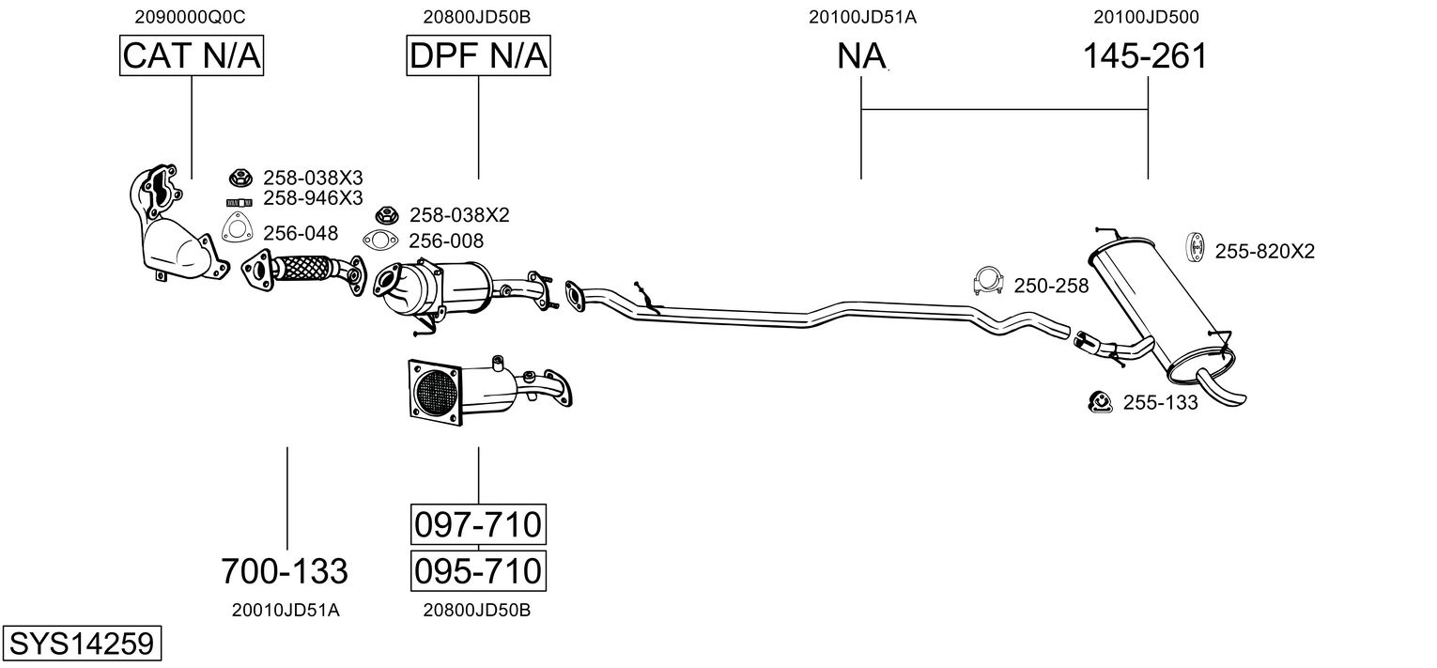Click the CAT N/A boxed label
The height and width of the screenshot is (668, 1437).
pyautogui.click(x=192, y=55)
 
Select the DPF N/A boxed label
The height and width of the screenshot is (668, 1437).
pyautogui.click(x=479, y=55)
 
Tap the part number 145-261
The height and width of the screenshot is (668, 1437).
pyautogui.click(x=1145, y=55)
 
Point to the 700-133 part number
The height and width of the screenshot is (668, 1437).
pyautogui.click(x=285, y=570)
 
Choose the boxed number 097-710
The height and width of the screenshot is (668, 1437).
pyautogui.click(x=478, y=524)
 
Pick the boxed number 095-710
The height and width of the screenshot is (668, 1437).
pyautogui.click(x=478, y=570)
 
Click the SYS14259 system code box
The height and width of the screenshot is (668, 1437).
pyautogui.click(x=82, y=643)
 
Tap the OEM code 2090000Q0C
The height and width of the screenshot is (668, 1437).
pyautogui.click(x=190, y=17)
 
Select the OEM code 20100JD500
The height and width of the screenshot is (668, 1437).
pyautogui.click(x=1146, y=17)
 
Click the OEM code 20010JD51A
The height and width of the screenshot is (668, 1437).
pyautogui.click(x=286, y=610)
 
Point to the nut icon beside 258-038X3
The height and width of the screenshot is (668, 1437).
pyautogui.click(x=240, y=178)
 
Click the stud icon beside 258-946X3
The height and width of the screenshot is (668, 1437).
pyautogui.click(x=239, y=203)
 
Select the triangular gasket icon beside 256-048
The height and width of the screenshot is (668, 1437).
pyautogui.click(x=238, y=227)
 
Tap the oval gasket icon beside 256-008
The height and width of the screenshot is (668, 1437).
pyautogui.click(x=379, y=241)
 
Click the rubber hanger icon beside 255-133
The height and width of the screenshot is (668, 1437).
pyautogui.click(x=1100, y=402)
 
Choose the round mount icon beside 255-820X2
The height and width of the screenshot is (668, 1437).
pyautogui.click(x=1194, y=247)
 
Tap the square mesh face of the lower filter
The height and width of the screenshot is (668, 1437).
pyautogui.click(x=436, y=393)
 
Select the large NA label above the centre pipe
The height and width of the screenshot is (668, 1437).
pyautogui.click(x=861, y=55)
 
